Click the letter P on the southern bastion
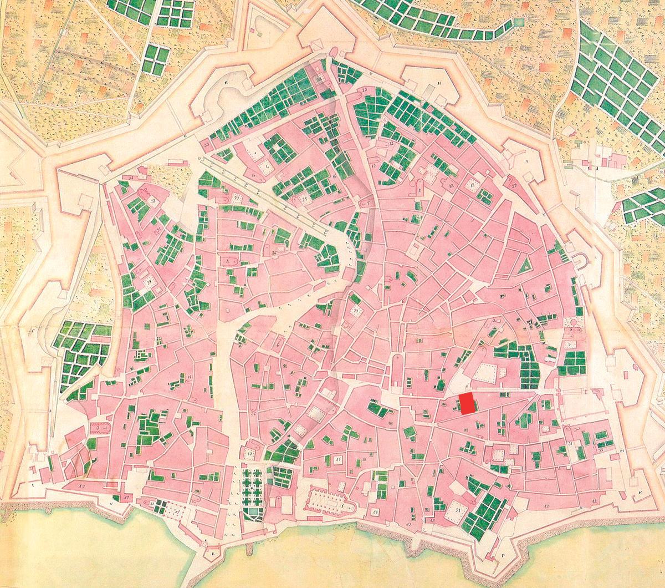[503, 554]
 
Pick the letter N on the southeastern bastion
[640, 493]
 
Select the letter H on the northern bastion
[439, 83]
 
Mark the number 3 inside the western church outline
[98, 428]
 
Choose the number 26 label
[275, 254]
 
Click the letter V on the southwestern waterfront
[113, 505]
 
